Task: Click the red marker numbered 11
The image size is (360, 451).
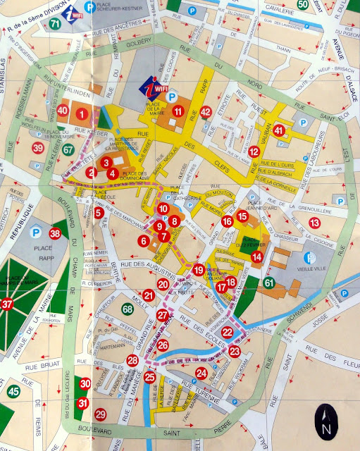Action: (178, 111)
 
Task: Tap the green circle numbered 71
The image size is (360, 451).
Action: (56, 25)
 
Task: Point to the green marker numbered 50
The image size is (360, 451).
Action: (302, 5)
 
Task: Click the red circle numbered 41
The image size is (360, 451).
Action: (280, 130)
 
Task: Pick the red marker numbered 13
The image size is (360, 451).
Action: (314, 223)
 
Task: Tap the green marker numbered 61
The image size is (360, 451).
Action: (268, 283)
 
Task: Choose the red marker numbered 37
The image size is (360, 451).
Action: (8, 304)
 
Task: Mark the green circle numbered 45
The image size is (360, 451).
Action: (13, 390)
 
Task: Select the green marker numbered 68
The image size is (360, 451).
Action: (127, 309)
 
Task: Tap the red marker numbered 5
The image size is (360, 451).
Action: (99, 212)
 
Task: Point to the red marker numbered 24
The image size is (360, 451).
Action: (201, 373)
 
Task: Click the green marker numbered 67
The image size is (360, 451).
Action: (68, 149)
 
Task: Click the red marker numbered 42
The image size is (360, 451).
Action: (205, 111)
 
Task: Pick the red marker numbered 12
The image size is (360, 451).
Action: (254, 152)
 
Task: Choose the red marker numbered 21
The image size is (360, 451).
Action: (148, 295)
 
